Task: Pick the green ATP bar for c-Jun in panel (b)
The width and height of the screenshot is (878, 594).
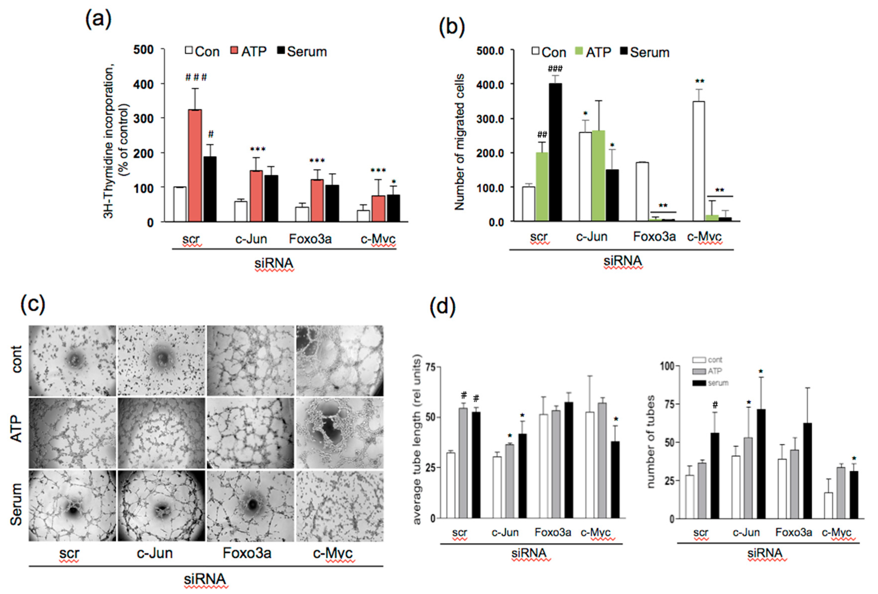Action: tap(598, 176)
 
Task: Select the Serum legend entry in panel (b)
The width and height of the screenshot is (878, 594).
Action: tap(645, 52)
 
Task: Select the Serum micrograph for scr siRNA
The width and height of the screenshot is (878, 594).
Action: tap(72, 506)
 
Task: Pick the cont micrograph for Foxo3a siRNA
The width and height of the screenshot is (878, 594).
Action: tap(250, 361)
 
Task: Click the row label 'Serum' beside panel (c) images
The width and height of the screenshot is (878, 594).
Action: tap(16, 504)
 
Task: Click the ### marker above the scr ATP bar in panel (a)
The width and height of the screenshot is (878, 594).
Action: tap(196, 77)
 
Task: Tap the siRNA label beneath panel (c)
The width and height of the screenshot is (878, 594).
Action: tap(205, 579)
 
